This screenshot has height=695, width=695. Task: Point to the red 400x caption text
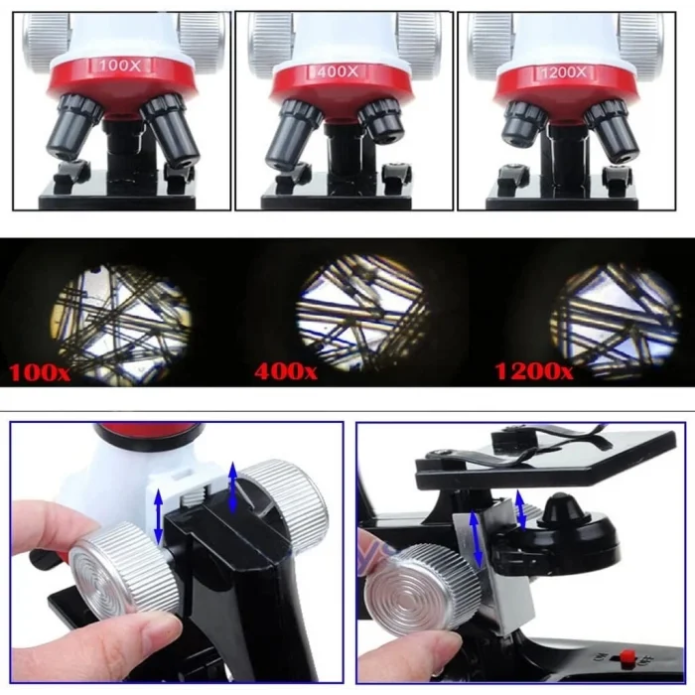coord(286,373)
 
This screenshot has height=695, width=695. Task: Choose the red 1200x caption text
coord(533,373)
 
